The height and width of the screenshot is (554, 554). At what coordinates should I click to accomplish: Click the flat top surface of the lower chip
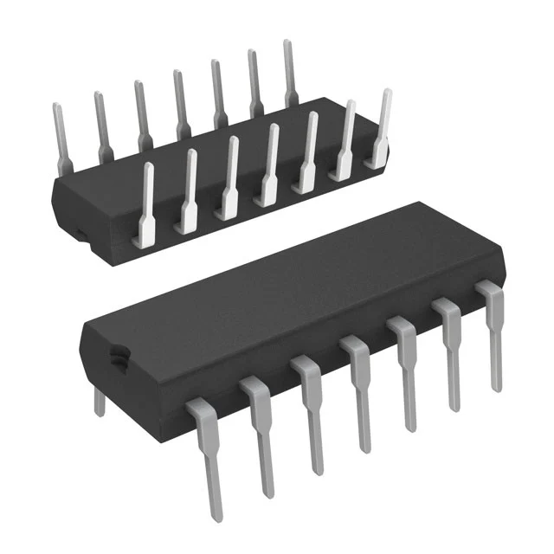point(286,286)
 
